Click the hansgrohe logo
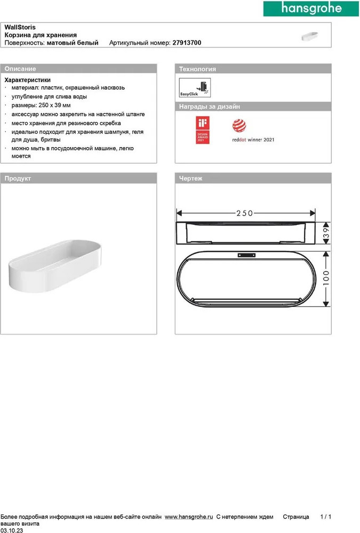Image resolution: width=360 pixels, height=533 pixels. [311, 10]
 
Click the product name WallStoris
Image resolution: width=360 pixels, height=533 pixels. [20, 27]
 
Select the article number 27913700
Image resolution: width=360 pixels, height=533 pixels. [187, 42]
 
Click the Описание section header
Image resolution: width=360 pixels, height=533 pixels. [20, 69]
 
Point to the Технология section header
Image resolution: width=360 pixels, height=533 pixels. [197, 69]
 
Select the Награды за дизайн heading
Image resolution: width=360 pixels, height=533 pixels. [210, 107]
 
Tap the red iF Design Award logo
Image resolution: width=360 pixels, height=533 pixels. [203, 131]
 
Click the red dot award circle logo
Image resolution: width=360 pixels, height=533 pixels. [238, 126]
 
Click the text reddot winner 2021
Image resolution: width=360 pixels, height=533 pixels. [253, 140]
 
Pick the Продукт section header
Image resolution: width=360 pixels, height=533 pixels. [18, 179]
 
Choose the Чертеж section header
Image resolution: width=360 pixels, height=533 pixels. [191, 179]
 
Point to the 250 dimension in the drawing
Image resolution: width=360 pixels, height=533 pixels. [244, 213]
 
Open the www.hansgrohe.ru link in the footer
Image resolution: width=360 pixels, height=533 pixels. [189, 517]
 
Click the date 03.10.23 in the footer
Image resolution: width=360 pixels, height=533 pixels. [11, 530]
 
